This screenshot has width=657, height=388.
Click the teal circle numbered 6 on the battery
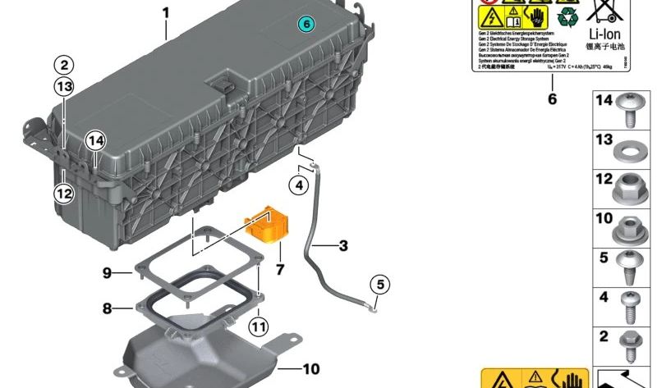pos(305,25)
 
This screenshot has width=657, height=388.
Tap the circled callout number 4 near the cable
pos(299,185)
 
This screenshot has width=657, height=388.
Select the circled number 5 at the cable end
pos(379,285)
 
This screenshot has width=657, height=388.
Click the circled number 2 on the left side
pos(64,65)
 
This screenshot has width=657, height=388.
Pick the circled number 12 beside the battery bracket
pos(64,194)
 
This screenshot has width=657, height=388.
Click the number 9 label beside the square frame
pos(106,273)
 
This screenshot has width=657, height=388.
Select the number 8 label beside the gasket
pos(106,309)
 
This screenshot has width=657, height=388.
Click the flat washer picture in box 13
pos(629,153)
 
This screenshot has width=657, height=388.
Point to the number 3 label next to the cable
pos(342,245)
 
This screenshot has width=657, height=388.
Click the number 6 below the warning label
pos(552,99)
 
